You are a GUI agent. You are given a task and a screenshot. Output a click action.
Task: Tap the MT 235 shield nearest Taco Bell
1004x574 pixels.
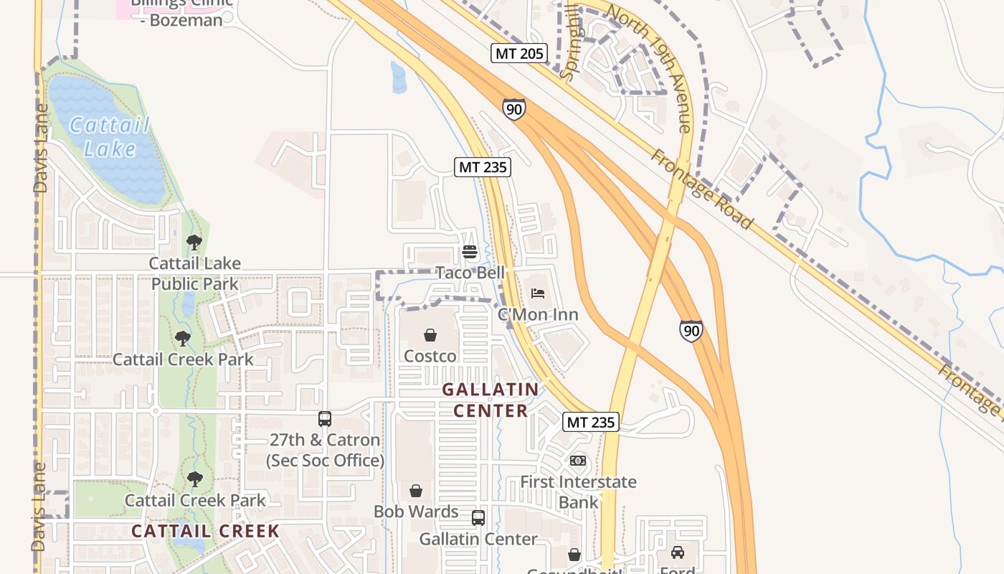pyautogui.click(x=483, y=167)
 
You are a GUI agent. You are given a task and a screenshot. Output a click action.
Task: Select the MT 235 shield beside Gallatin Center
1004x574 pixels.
pyautogui.click(x=591, y=422)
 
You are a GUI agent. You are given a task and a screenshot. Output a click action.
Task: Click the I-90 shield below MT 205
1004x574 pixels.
pyautogui.click(x=513, y=109)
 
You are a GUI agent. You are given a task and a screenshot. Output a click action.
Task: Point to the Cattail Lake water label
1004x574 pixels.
pyautogui.click(x=110, y=137)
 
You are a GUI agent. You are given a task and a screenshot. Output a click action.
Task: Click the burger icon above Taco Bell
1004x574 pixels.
pyautogui.click(x=470, y=252)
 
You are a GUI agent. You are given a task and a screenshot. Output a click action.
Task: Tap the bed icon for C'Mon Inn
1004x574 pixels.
pyautogui.click(x=538, y=293)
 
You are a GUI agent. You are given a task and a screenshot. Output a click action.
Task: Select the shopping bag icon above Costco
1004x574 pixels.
pyautogui.click(x=430, y=335)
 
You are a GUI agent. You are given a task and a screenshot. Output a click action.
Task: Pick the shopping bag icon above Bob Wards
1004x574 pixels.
pyautogui.click(x=416, y=491)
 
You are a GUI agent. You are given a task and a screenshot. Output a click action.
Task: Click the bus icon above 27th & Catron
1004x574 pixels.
pyautogui.click(x=325, y=419)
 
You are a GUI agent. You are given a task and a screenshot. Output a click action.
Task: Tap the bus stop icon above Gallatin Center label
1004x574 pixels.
pyautogui.click(x=478, y=518)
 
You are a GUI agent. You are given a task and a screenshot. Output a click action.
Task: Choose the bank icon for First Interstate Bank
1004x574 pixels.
pyautogui.click(x=578, y=461)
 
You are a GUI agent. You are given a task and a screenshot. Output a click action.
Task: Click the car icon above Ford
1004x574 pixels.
pyautogui.click(x=677, y=552)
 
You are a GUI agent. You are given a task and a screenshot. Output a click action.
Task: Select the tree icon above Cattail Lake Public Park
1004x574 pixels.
pyautogui.click(x=194, y=243)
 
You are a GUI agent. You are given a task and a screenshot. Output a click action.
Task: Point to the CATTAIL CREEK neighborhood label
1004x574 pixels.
pyautogui.click(x=205, y=532)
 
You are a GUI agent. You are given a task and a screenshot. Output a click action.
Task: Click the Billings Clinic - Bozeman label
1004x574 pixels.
pyautogui.click(x=182, y=10)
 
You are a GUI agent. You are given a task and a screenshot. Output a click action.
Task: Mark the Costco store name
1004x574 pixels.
pyautogui.click(x=430, y=357)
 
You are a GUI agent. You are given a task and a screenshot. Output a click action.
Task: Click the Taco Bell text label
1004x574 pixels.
pyautogui.click(x=470, y=273)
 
